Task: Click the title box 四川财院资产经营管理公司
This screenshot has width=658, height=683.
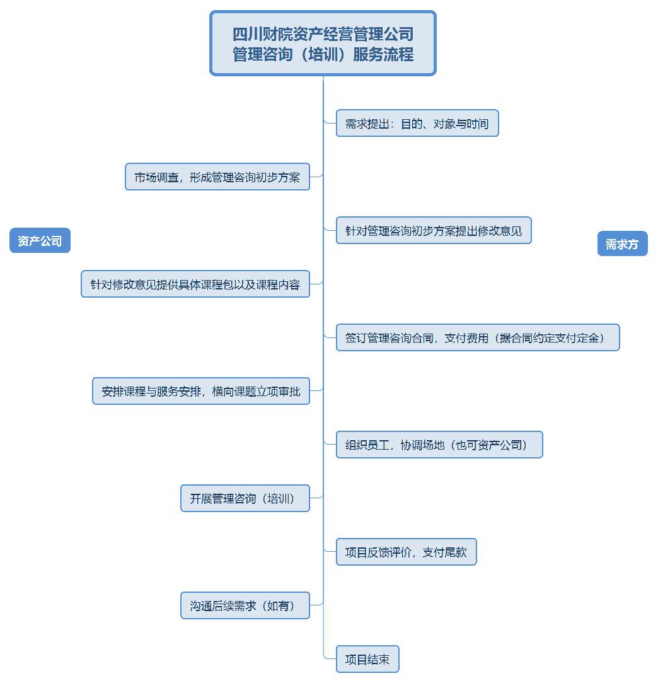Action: coord(323,43)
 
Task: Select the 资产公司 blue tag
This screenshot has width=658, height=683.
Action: coord(40,240)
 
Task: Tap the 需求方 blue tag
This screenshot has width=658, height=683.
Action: coord(622,244)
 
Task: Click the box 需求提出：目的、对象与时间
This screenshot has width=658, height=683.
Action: coord(417,124)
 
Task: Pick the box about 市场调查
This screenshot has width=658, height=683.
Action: coord(217,177)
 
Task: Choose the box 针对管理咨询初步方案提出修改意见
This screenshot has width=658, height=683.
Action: coord(434,231)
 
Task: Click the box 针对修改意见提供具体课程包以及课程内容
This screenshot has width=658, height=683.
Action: coord(195,284)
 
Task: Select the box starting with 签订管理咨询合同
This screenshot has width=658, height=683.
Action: coord(478,338)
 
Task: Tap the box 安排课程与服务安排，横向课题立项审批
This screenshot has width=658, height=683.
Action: coord(201,392)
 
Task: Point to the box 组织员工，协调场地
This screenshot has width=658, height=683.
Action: coord(439,445)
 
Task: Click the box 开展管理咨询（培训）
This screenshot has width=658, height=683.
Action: coord(245,499)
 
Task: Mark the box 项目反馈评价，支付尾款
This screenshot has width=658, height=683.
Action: coord(406,552)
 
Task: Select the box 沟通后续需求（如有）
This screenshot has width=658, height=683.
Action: coord(245,606)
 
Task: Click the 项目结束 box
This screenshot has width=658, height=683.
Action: coord(367,660)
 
